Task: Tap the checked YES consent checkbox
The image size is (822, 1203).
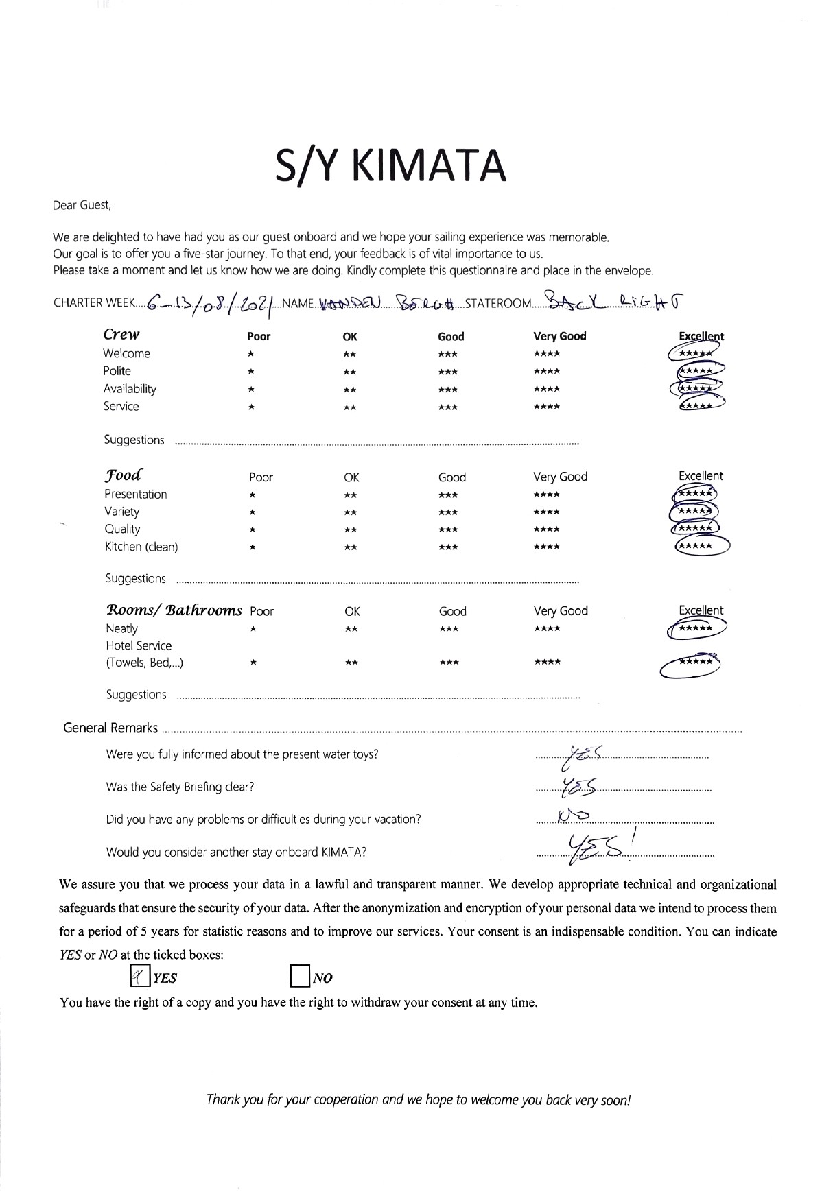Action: click(140, 976)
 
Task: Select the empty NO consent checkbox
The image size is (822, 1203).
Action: click(299, 976)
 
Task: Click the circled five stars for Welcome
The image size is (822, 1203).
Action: click(695, 353)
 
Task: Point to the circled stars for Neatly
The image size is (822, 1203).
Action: click(696, 628)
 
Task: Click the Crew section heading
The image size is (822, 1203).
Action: click(121, 335)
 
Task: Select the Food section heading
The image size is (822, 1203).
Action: click(124, 475)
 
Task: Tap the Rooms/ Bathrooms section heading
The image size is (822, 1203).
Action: click(174, 610)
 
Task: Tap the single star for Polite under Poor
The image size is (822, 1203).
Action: click(252, 372)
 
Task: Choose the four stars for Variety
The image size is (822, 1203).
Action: click(546, 512)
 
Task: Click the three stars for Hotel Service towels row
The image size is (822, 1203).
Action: click(449, 663)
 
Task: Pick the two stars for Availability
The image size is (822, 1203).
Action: click(350, 390)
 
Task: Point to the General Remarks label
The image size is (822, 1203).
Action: click(110, 728)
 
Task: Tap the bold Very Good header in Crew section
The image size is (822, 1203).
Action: click(559, 336)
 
